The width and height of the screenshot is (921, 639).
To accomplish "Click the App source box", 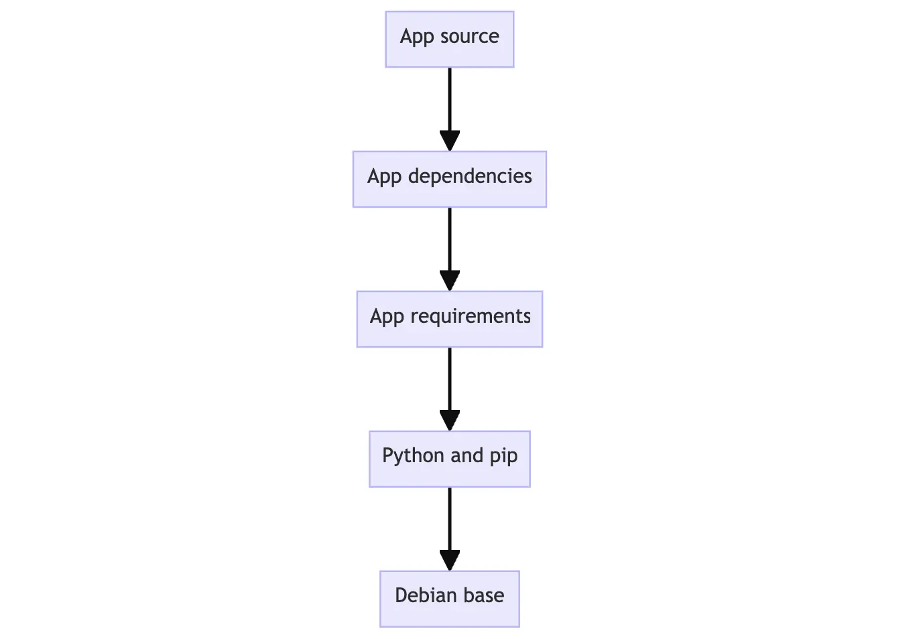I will point(449,39).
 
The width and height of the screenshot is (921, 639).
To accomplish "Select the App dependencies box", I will point(449,179).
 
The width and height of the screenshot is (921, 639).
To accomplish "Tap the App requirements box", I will point(449,319).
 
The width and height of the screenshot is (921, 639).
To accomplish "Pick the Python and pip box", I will point(449,459).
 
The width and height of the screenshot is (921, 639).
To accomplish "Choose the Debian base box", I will point(449,599).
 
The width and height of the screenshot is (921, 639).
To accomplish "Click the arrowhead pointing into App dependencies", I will point(449,141).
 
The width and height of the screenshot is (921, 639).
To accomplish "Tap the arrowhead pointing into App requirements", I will point(449,281).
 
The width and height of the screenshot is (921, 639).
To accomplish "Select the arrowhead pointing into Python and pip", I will point(449,421).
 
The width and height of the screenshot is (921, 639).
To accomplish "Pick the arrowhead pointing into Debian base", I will point(449,561).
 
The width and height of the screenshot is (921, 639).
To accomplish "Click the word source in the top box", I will point(469,36).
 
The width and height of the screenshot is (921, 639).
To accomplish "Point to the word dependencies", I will point(469,176).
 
